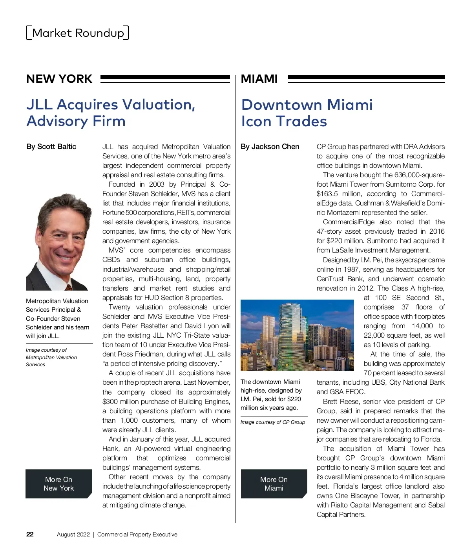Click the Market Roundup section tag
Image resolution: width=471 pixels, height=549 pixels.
[77, 33]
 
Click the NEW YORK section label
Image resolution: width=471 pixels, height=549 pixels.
[59, 79]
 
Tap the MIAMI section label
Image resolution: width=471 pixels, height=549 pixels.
[259, 79]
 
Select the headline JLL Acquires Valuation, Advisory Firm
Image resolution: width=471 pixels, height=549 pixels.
[111, 113]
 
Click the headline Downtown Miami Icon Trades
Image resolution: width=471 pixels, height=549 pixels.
[307, 113]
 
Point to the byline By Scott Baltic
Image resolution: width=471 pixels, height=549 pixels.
[51, 147]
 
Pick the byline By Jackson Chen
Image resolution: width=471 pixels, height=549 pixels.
[270, 147]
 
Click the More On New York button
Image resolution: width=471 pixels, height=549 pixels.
[59, 484]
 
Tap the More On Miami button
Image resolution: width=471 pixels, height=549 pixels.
[274, 484]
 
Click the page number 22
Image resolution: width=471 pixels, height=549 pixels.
[30, 534]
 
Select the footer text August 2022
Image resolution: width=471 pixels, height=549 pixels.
[73, 534]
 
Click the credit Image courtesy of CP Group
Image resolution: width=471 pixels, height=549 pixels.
[273, 422]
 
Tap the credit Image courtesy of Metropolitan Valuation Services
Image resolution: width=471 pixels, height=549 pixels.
[51, 357]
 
